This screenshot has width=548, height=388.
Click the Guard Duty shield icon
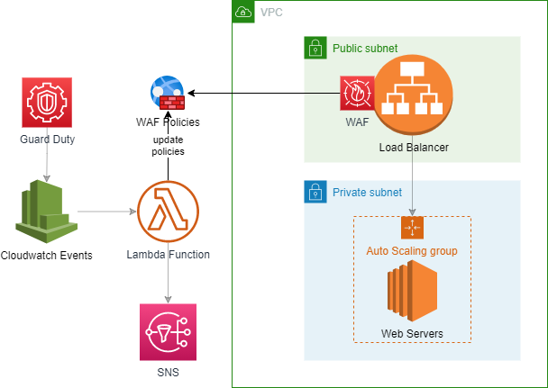tap(47, 104)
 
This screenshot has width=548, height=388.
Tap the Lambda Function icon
tap(168, 212)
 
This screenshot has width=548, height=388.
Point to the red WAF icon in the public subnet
tap(356, 93)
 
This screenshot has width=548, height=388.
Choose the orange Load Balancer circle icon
tap(413, 95)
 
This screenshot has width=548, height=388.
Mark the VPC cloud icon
tap(243, 12)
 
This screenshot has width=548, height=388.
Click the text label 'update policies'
tap(168, 146)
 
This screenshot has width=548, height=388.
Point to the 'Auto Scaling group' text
tap(412, 250)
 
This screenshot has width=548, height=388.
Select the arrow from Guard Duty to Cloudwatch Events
tap(47, 162)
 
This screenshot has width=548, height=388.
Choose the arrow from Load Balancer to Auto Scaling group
tap(413, 176)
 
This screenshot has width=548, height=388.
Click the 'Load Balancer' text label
tap(414, 147)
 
